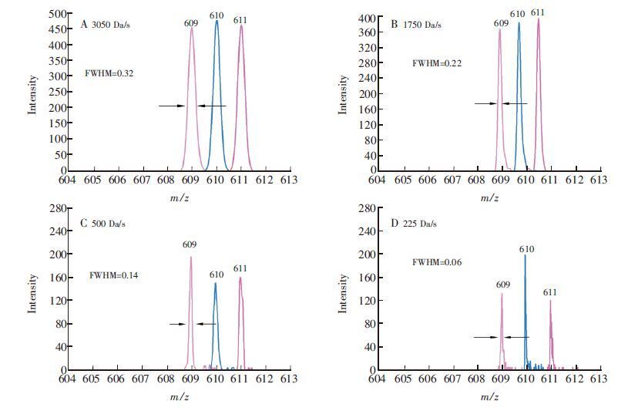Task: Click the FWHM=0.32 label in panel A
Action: point(110,74)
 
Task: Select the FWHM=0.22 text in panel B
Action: point(437,63)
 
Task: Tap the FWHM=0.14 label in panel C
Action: point(114,275)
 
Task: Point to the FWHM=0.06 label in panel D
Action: point(437,263)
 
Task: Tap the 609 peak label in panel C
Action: point(190,244)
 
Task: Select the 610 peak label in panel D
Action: point(526,249)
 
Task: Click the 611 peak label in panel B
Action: point(538,12)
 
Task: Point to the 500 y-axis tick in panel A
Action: point(57,14)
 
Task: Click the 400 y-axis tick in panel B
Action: point(367,18)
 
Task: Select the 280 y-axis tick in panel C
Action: point(57,208)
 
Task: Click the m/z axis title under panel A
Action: point(180,198)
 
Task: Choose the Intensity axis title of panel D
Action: point(344,293)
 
